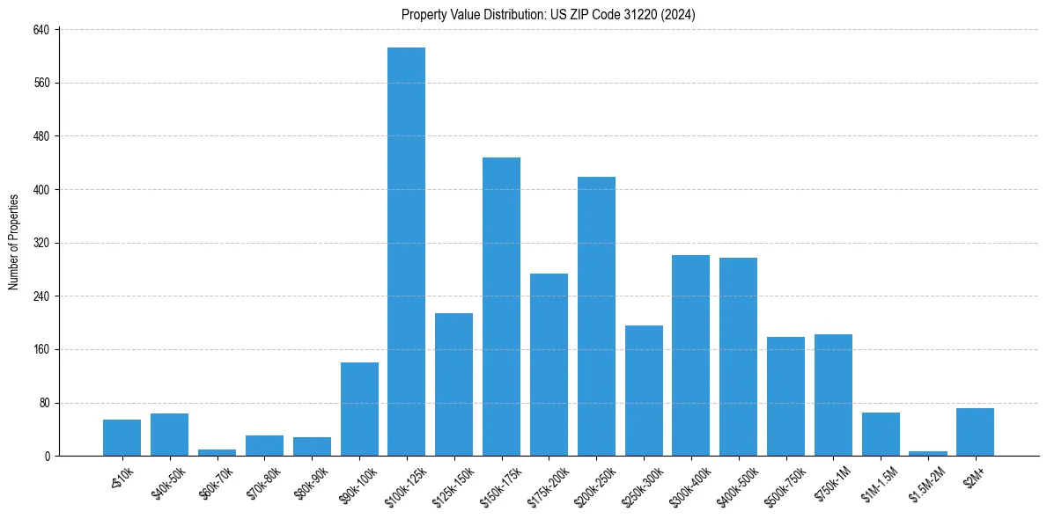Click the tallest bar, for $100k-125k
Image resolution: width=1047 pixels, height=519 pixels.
tap(406, 252)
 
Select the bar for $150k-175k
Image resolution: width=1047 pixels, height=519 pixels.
tap(501, 306)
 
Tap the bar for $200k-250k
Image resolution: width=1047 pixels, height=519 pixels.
tap(596, 316)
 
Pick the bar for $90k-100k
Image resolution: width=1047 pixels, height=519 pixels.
tap(359, 409)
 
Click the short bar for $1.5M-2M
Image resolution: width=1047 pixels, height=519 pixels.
tap(928, 453)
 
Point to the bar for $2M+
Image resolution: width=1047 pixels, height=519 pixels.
tap(975, 432)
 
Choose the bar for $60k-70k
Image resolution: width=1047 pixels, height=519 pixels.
tap(217, 452)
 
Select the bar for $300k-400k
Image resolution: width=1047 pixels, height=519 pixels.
tap(690, 355)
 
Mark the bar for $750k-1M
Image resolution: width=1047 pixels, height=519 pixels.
tap(833, 395)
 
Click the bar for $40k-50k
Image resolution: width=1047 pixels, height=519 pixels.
tap(169, 435)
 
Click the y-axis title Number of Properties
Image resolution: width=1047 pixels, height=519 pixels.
tap(14, 242)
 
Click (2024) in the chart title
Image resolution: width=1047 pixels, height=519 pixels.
tap(675, 14)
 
